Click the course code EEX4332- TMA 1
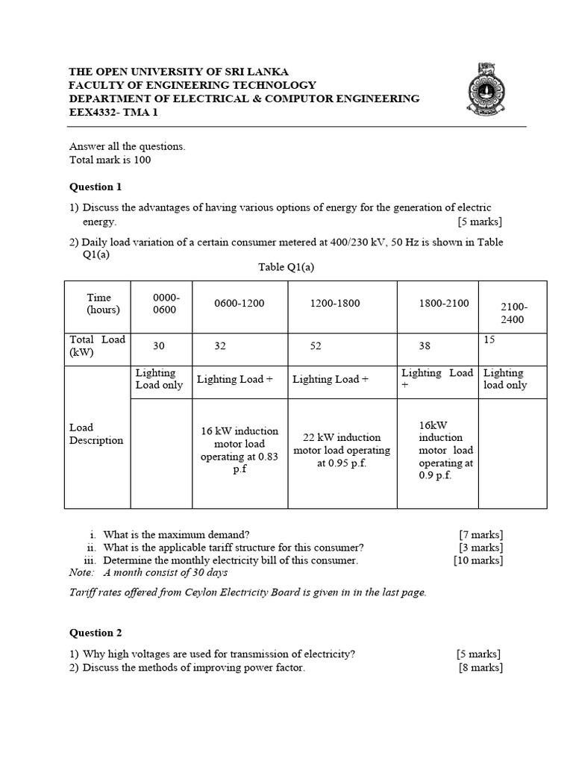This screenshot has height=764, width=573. click(113, 113)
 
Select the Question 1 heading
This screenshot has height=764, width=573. click(95, 187)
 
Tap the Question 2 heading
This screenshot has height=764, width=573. click(95, 633)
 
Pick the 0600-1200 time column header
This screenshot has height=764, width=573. click(239, 303)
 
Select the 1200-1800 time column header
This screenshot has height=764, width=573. click(334, 303)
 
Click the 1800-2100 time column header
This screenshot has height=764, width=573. click(444, 303)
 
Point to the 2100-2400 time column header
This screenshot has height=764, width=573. click(513, 313)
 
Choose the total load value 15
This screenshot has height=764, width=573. click(489, 339)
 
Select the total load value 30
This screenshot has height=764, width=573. click(159, 346)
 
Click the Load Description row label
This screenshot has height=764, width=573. click(96, 433)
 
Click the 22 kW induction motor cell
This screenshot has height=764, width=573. click(342, 450)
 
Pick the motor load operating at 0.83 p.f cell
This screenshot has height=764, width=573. click(239, 450)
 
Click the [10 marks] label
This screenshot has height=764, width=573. click(477, 560)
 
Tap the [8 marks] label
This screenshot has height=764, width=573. click(480, 668)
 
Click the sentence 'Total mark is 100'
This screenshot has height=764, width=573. click(110, 160)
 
